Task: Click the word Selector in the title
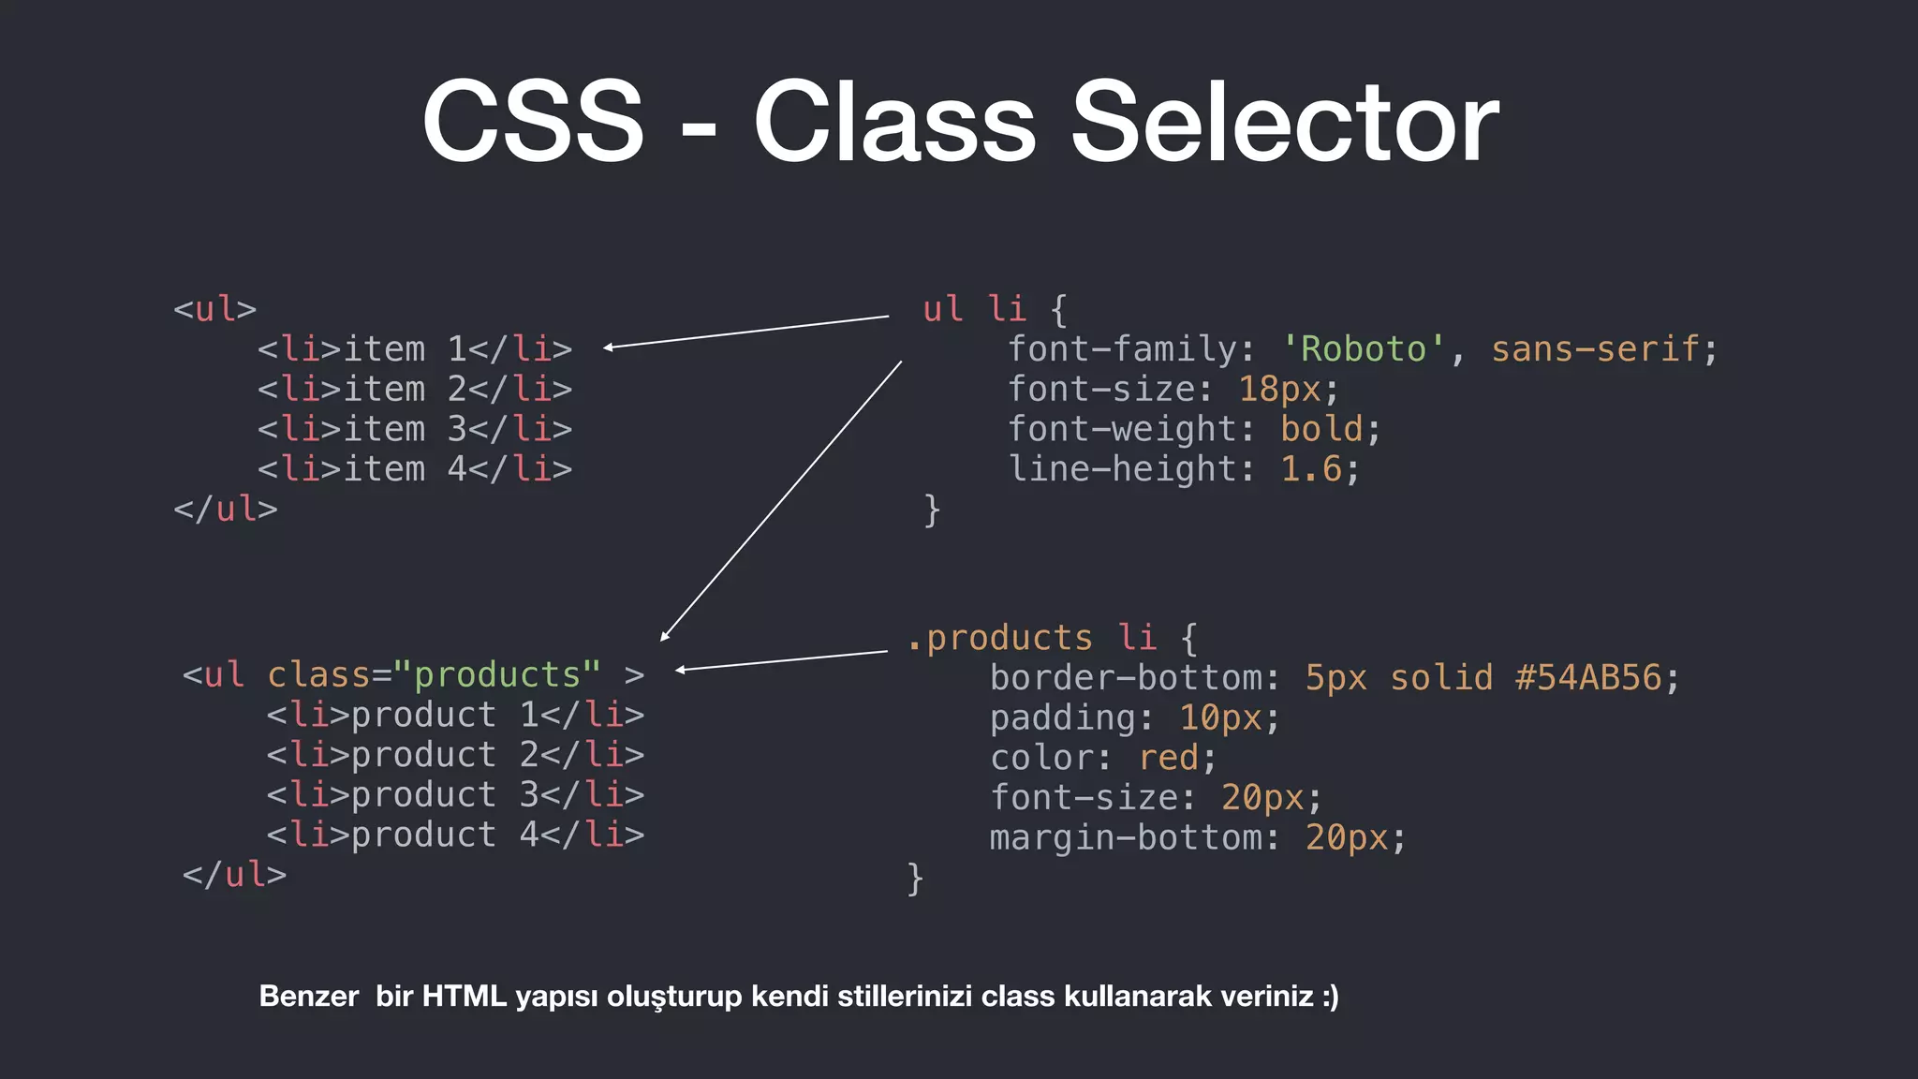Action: (1284, 122)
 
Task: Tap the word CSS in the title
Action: (533, 122)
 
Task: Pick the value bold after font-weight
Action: (1321, 429)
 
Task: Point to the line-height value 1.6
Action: (1311, 469)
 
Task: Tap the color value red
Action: (1168, 758)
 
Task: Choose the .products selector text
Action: (999, 639)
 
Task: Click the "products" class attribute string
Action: (496, 675)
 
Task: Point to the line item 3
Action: (414, 429)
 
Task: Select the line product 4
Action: (455, 835)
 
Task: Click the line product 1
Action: (455, 716)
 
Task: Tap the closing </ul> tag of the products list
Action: (234, 875)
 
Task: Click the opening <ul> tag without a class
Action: (214, 309)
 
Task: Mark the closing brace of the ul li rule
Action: (931, 510)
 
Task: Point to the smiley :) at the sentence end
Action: (1330, 996)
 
